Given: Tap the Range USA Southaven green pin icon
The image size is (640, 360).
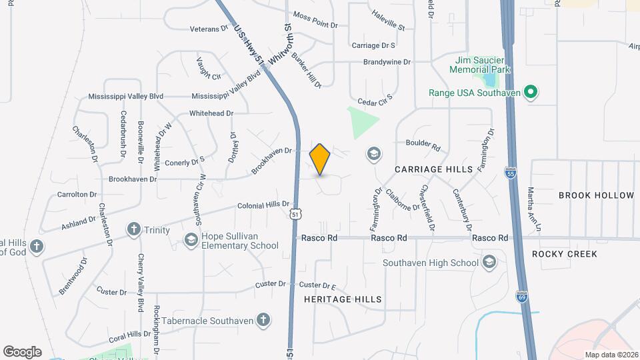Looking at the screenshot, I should [531, 93].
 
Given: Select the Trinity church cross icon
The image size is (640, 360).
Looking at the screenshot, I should [133, 230].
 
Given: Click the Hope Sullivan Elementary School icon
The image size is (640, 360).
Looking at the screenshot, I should [191, 239].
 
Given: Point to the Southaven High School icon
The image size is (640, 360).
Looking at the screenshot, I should [490, 261].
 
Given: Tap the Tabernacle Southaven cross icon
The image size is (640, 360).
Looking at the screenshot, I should [264, 320].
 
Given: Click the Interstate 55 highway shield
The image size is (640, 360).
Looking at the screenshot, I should [511, 173].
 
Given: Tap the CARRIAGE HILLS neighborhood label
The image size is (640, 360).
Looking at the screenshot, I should [433, 169].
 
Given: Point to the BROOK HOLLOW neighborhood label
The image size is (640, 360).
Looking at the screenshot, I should [596, 195].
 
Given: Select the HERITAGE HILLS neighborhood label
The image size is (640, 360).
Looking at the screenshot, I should [343, 299].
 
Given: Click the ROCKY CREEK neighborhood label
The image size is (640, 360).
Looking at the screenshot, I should [564, 254].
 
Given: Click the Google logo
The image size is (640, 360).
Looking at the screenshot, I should [22, 351].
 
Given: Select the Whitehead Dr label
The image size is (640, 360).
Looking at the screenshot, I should [211, 113].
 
